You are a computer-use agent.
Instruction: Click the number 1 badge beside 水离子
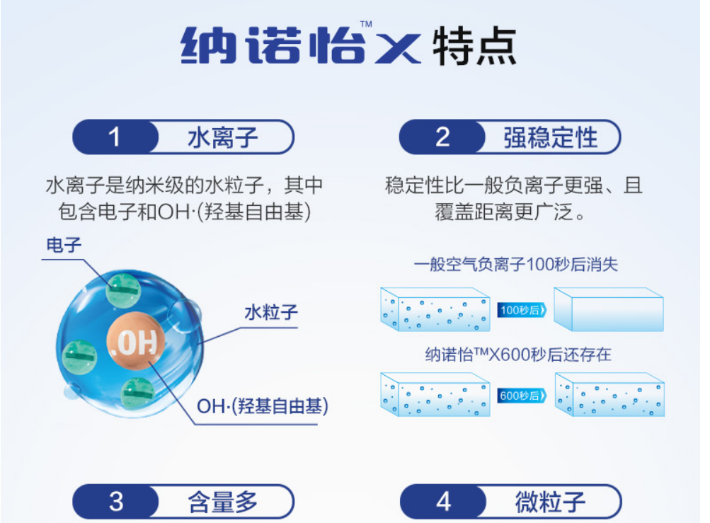coord(115,137)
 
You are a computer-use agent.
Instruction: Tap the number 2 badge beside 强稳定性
coord(442,137)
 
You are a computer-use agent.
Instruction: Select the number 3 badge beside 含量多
coord(116,502)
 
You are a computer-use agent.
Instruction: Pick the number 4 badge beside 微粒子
coord(443,502)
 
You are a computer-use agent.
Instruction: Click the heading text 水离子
coord(223,138)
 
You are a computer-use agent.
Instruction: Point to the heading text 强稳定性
coord(551,138)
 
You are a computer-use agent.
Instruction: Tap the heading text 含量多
coord(223,502)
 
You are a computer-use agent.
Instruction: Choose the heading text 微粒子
coord(551,502)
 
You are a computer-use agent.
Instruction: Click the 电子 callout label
coord(64,245)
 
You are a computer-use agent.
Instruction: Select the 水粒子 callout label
coord(271,312)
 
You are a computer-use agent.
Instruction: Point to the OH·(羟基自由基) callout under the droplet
coord(262,406)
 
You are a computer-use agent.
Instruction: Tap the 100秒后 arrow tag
coord(522,310)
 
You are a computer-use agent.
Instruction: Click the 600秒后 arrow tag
coord(522,396)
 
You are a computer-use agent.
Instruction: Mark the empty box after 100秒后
coord(609,309)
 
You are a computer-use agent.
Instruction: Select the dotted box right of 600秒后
coord(609,394)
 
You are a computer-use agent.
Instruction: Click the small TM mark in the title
coord(366,24)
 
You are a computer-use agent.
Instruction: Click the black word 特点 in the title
coord(474,46)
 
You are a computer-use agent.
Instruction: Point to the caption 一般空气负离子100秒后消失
coord(516,265)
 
